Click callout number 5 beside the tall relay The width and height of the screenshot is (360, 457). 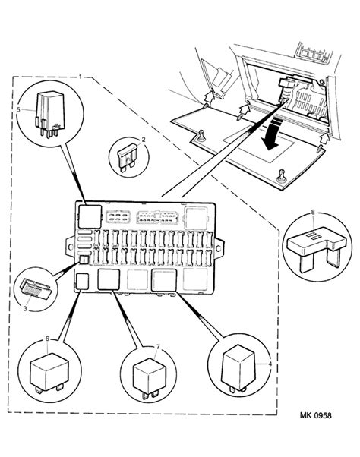tap(18, 110)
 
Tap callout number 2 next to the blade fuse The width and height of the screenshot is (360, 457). tap(143, 140)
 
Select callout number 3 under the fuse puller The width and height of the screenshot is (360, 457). tap(25, 308)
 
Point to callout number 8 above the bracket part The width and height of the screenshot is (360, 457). tap(313, 213)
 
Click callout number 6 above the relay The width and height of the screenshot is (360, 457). tap(47, 339)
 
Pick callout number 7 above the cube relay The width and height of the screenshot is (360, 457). tap(158, 346)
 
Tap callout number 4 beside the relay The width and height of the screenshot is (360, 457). tap(270, 364)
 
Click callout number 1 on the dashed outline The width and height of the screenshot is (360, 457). tap(81, 77)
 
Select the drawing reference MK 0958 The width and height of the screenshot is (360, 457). tap(315, 415)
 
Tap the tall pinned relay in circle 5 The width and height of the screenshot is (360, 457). tap(49, 114)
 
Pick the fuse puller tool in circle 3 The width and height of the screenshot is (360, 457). tap(36, 289)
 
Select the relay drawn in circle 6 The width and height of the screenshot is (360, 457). tap(49, 373)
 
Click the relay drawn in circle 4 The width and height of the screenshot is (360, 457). tap(238, 369)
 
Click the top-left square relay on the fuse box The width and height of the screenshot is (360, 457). tap(90, 216)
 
